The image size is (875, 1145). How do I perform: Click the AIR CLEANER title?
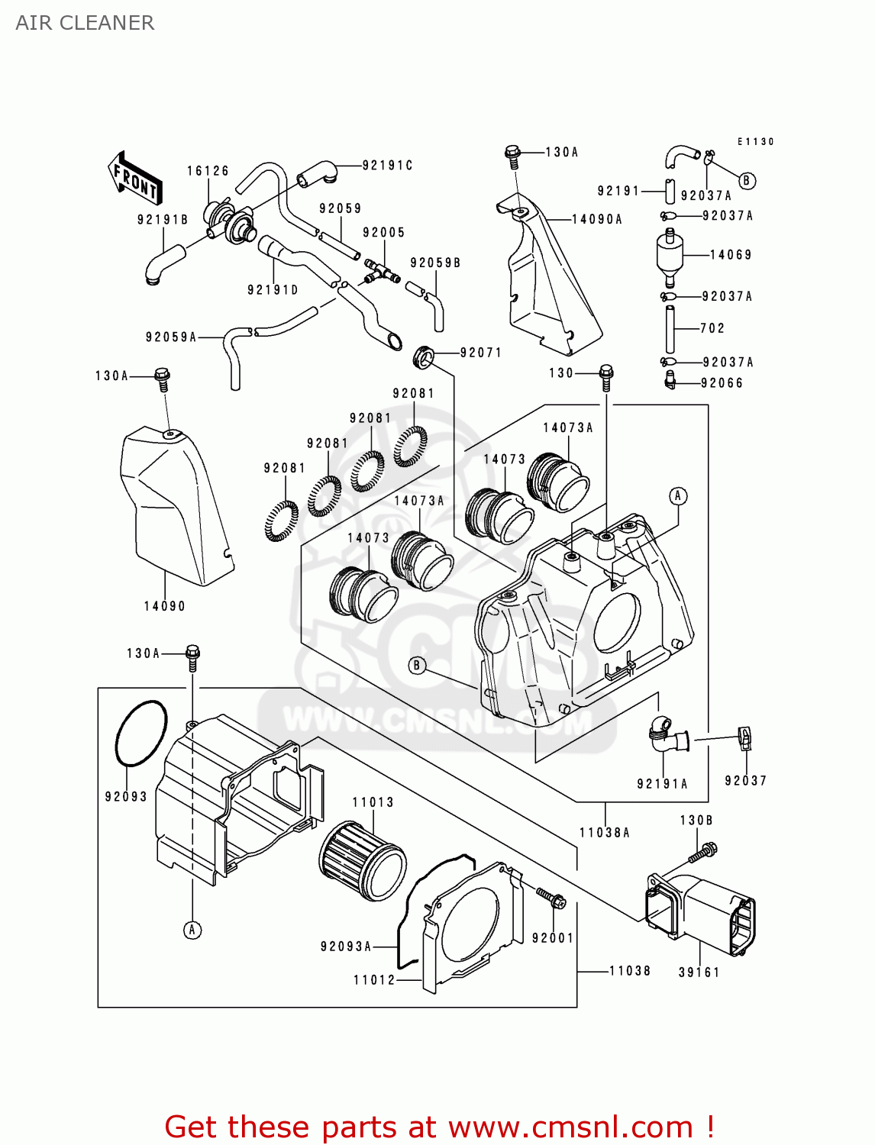pyautogui.click(x=85, y=23)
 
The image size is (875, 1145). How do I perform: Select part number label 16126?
pyautogui.click(x=208, y=171)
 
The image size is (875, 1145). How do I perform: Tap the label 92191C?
pyautogui.click(x=387, y=166)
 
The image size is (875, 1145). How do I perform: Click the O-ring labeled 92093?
pyautogui.click(x=140, y=733)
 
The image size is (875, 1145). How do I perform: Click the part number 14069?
pyautogui.click(x=731, y=255)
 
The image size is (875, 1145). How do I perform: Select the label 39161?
pyautogui.click(x=699, y=972)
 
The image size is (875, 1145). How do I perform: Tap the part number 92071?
pyautogui.click(x=480, y=353)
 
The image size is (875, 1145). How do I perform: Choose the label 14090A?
pyautogui.click(x=597, y=219)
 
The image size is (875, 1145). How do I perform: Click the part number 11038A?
pyautogui.click(x=604, y=833)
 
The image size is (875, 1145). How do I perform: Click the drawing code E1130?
pyautogui.click(x=755, y=142)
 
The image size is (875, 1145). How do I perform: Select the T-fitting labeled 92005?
pyautogui.click(x=380, y=271)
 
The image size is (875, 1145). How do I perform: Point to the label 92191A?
pyautogui.click(x=662, y=784)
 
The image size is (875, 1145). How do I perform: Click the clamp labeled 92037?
pyautogui.click(x=745, y=737)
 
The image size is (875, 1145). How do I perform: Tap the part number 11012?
pyautogui.click(x=374, y=980)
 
